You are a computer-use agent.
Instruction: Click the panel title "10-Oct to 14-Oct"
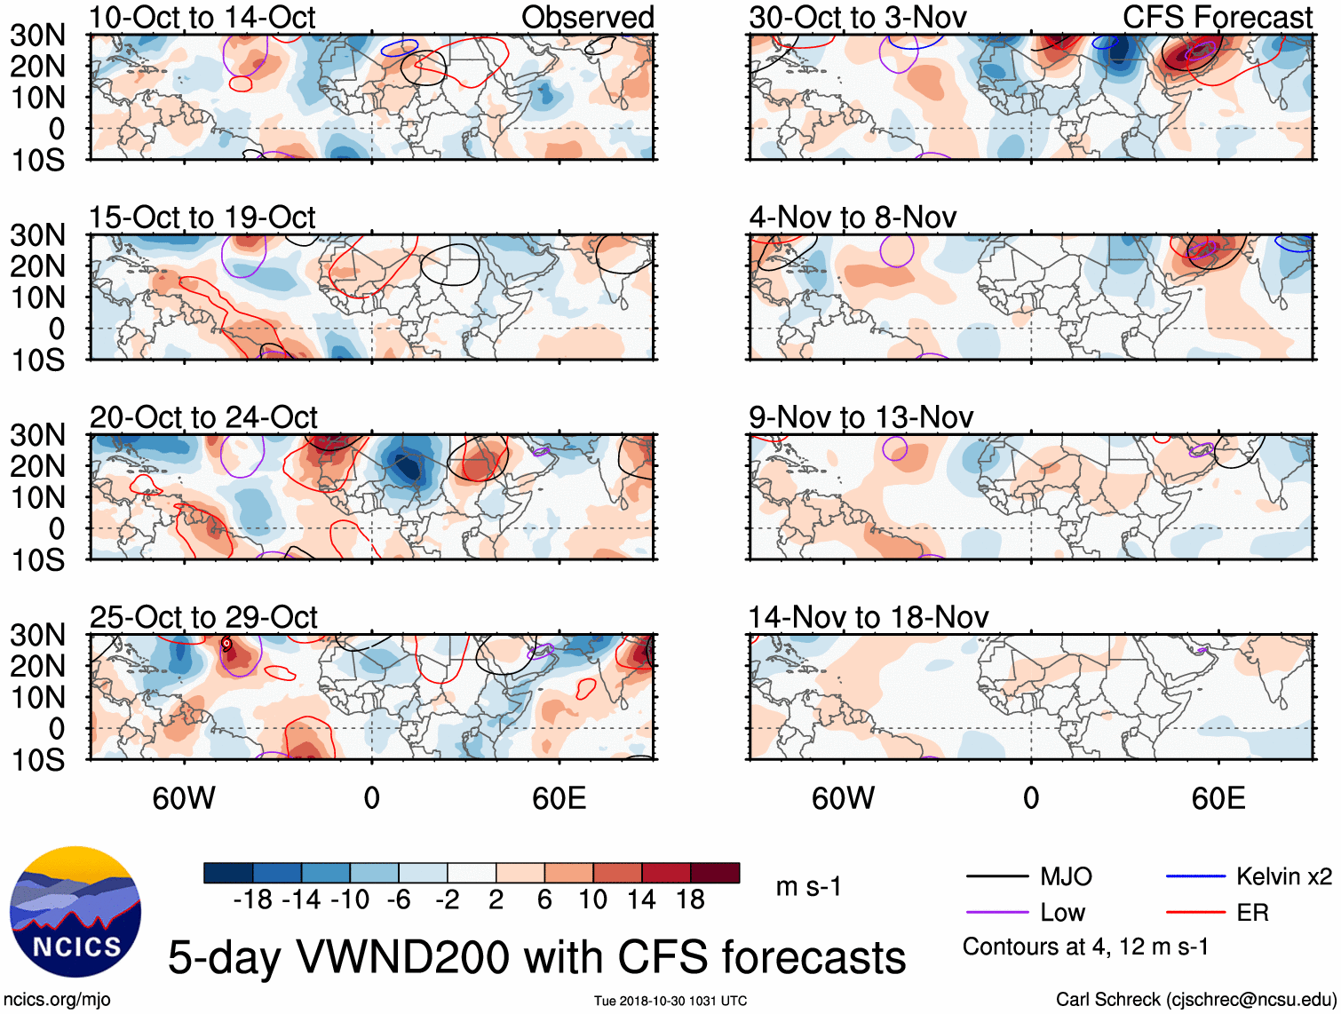(x=202, y=17)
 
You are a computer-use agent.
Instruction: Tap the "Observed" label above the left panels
(x=587, y=17)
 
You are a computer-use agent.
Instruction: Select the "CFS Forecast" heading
(x=1218, y=17)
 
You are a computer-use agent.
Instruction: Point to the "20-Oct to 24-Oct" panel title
(x=203, y=417)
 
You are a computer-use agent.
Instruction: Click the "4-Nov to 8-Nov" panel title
(x=853, y=218)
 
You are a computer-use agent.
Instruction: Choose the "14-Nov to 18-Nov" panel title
(x=869, y=617)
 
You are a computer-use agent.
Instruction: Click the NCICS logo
(x=75, y=912)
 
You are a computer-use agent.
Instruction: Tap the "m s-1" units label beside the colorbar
(x=808, y=886)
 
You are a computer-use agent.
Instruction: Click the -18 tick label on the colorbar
(x=253, y=900)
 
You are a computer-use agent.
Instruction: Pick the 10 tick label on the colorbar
(x=592, y=900)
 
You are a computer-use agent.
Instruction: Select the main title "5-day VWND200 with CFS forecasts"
(x=536, y=957)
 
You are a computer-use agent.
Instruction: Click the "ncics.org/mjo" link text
(x=57, y=999)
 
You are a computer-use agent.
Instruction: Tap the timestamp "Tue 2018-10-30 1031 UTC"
(x=670, y=1001)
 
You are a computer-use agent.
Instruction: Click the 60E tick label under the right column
(x=1218, y=798)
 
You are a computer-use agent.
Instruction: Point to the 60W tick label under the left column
(x=184, y=798)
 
